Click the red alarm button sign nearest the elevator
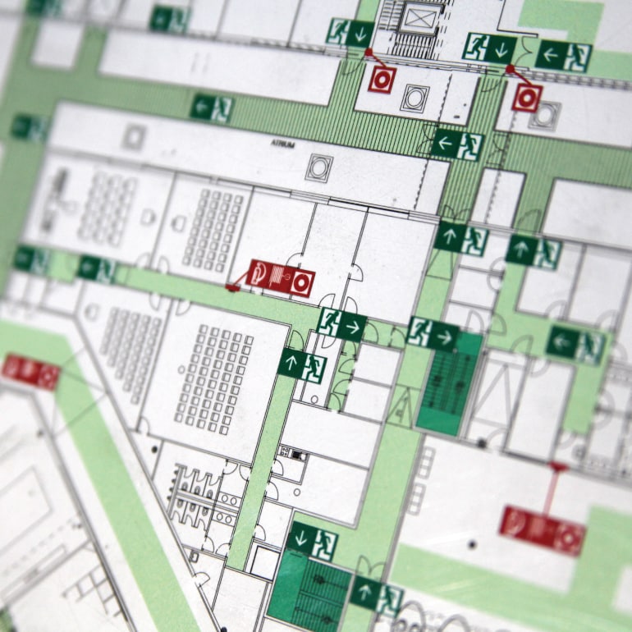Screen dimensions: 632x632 click(x=382, y=79)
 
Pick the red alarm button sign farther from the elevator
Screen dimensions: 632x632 click(x=527, y=98)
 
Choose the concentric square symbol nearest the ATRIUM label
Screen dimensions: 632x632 click(x=318, y=167)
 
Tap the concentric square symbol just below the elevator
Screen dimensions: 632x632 click(x=414, y=98)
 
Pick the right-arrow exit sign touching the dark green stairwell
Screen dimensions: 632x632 click(x=433, y=334)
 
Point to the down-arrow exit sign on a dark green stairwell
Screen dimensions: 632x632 click(x=312, y=542)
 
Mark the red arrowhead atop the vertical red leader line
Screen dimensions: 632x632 click(x=558, y=467)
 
